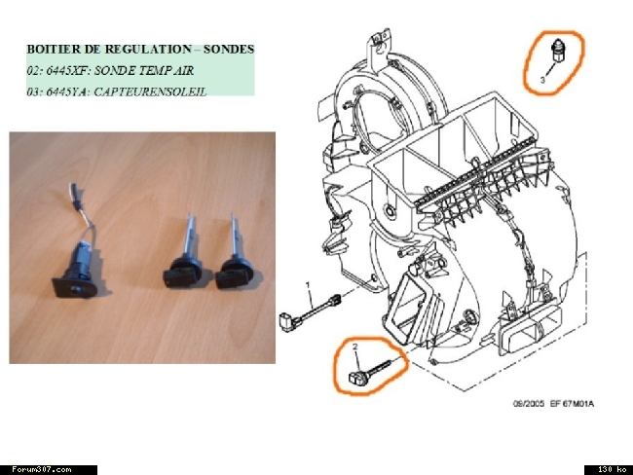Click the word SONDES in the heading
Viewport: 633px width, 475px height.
click(229, 50)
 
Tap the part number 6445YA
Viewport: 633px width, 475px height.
click(67, 92)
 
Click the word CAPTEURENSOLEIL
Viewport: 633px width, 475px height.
click(150, 92)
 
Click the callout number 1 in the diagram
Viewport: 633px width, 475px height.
click(308, 285)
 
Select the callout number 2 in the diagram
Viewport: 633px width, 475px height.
click(355, 347)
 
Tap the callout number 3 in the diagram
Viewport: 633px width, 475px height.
click(542, 80)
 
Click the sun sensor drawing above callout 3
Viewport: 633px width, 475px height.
click(557, 51)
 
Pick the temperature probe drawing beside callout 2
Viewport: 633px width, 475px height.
click(369, 372)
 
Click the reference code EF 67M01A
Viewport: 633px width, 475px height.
click(572, 404)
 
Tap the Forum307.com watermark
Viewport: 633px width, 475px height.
click(41, 470)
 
